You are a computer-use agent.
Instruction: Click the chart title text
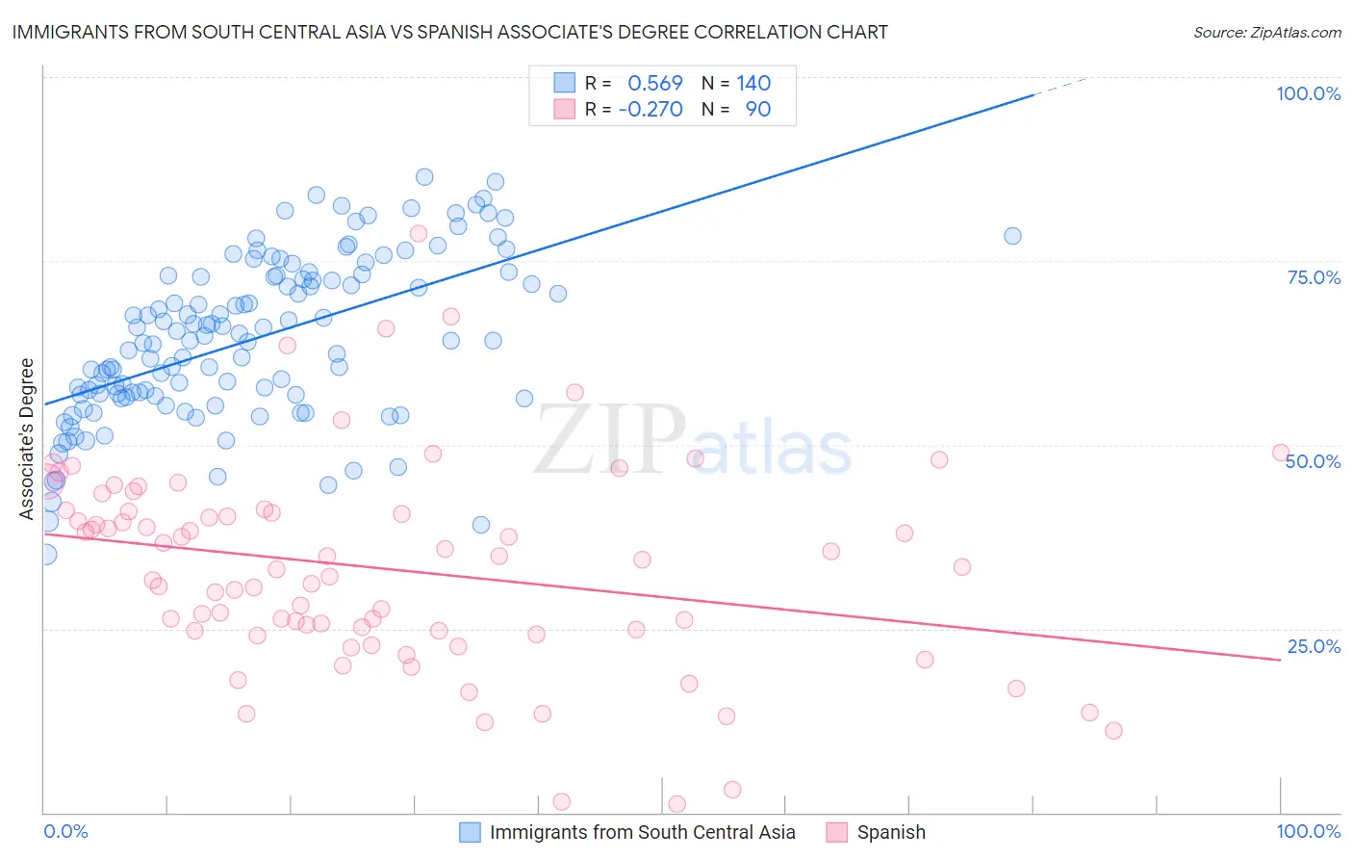tap(449, 32)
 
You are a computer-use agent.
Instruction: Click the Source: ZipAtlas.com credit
tap(1266, 32)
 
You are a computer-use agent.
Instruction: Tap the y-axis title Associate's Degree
tap(26, 438)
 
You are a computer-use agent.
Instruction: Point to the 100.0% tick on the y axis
tap(1308, 93)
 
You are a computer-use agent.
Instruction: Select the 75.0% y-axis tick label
tap(1314, 277)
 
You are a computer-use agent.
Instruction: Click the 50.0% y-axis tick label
tap(1313, 461)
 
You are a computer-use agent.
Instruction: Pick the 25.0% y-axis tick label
tap(1314, 645)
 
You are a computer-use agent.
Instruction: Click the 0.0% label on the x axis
tap(65, 831)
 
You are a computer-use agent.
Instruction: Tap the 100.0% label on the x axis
tap(1308, 831)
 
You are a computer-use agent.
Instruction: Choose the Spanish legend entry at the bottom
tap(890, 832)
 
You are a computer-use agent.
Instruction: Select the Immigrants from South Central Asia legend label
tap(642, 832)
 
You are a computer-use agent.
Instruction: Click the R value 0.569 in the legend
tap(654, 84)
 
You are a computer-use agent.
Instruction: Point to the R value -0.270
tap(651, 109)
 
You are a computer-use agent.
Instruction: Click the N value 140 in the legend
tap(753, 84)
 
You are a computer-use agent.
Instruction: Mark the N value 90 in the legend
tap(757, 109)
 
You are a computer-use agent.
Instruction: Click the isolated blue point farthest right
tap(1012, 236)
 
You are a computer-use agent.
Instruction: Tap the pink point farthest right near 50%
tap(1280, 453)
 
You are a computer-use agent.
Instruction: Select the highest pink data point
tap(419, 233)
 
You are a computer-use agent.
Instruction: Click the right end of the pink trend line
tap(1280, 660)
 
